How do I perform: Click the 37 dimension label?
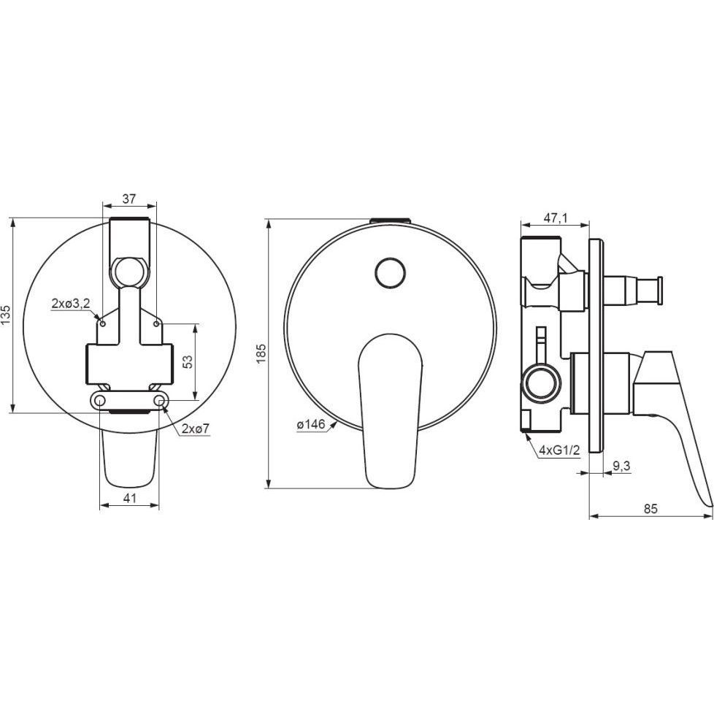click(129, 199)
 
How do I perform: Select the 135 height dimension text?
click(6, 315)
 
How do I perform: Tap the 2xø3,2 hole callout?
click(71, 304)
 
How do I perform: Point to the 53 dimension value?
click(188, 361)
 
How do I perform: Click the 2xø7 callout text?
click(196, 429)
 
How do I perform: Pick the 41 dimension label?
click(130, 498)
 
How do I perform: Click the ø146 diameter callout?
click(311, 424)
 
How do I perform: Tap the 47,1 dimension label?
click(556, 218)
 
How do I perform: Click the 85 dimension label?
click(650, 509)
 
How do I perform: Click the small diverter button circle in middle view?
click(391, 273)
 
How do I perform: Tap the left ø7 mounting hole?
click(100, 400)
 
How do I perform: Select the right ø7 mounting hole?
click(159, 400)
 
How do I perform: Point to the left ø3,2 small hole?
click(103, 323)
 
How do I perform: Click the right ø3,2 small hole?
click(156, 323)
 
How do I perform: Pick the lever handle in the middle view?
click(391, 411)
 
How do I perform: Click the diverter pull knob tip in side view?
click(659, 289)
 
